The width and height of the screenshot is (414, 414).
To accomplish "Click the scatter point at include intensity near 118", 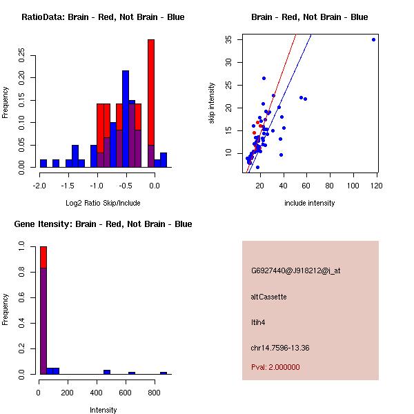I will point(373,39).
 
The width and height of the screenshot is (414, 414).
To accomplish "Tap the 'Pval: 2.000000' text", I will point(275,367).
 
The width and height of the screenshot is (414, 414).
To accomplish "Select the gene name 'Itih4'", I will point(258,322).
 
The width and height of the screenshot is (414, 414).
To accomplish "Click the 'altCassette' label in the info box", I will point(268,297).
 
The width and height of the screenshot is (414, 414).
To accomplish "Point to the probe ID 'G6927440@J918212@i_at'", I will point(295,270).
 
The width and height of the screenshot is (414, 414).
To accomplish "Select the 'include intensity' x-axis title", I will point(310,203).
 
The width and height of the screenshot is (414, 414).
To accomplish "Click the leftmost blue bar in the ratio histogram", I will point(43,164).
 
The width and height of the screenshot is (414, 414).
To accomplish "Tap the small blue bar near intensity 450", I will point(107,372).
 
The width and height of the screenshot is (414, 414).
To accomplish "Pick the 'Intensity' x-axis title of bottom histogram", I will point(103,410).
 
